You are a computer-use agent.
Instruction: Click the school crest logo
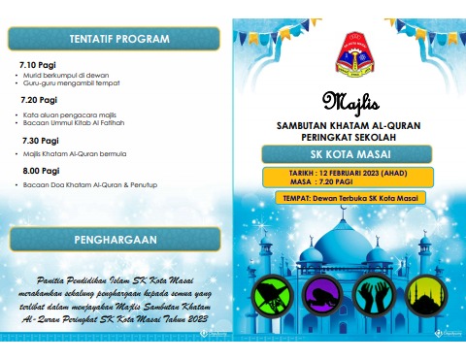pos(350,57)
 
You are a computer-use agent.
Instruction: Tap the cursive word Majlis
pos(350,100)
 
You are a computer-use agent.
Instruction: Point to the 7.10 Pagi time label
pos(39,65)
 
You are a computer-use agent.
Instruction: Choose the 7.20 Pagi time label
pos(39,100)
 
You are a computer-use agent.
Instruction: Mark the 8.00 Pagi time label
pos(40,170)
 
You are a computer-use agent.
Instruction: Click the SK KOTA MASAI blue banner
pos(349,155)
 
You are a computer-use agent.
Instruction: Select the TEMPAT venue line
pos(349,198)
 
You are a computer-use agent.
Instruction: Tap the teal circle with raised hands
pos(375,295)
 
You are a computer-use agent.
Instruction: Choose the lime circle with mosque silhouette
pos(424,295)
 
